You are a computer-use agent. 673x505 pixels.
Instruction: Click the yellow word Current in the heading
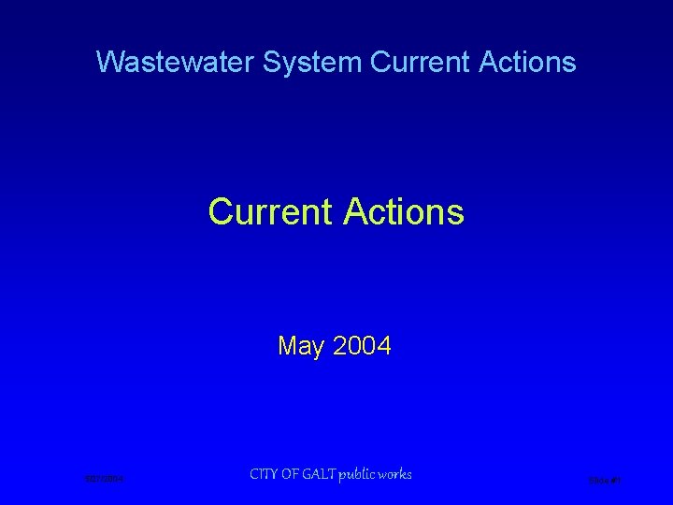click(271, 211)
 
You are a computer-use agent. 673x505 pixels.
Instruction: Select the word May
click(300, 347)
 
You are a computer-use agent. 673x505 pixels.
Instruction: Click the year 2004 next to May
click(361, 347)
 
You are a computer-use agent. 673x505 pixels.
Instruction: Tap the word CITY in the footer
click(265, 474)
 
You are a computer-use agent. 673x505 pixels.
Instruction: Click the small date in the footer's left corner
click(104, 480)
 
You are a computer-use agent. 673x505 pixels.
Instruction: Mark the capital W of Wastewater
click(107, 63)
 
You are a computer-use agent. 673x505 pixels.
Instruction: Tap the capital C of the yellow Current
click(219, 211)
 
